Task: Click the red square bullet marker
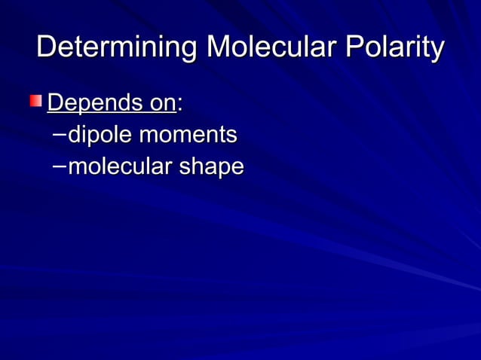(36, 101)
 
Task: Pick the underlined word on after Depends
(160, 102)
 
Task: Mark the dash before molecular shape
(60, 166)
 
